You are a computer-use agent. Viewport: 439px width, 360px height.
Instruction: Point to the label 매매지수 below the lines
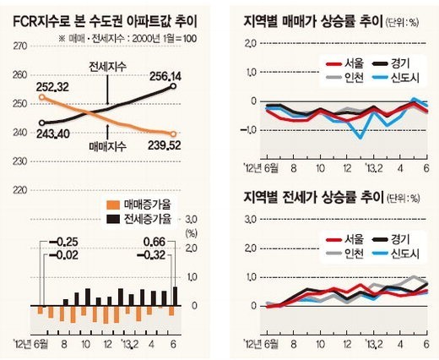(x=109, y=146)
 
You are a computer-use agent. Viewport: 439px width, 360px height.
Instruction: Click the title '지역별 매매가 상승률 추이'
(x=312, y=20)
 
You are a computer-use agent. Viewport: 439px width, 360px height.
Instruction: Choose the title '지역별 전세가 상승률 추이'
(x=312, y=198)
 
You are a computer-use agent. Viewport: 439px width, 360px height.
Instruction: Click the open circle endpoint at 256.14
(x=173, y=85)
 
